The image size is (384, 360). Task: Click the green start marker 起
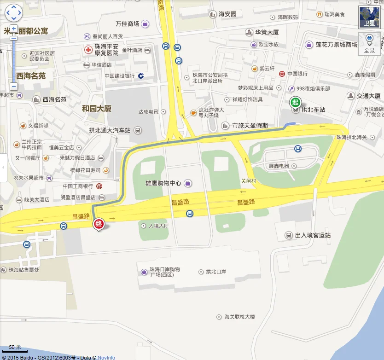pos(295,103)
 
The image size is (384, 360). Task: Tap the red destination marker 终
pos(99,224)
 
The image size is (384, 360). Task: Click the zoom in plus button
pos(14,29)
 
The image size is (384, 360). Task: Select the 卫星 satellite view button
pos(370,17)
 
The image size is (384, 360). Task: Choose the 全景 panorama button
pos(369,43)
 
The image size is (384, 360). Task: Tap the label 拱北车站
pos(313,110)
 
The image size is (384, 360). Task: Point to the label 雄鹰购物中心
pos(163,183)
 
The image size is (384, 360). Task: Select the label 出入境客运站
pos(313,235)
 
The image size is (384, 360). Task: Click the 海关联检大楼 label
pos(239,317)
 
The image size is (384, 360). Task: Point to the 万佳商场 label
pos(127,23)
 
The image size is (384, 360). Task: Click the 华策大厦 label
pos(268,32)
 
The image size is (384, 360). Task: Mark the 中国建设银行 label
pos(119,76)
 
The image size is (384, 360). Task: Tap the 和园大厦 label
pos(97,109)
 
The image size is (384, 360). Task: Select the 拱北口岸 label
pos(216,272)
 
